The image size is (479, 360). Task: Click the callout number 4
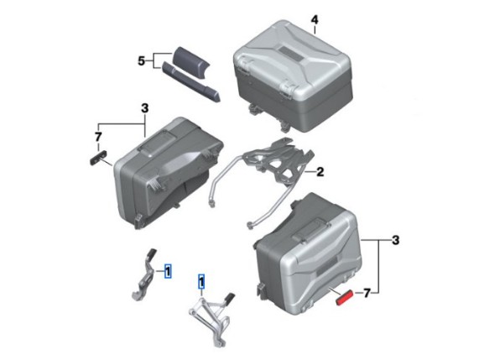coord(315,20)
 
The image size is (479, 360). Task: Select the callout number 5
coord(141,61)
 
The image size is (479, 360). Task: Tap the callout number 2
coord(320,172)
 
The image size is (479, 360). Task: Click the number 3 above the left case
coord(144,108)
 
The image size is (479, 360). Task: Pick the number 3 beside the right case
coord(395,240)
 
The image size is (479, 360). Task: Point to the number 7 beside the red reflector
coord(367,294)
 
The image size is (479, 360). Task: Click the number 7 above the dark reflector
coord(98,138)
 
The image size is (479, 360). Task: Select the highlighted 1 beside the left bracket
coord(168,271)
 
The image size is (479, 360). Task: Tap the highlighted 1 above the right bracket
coord(201,281)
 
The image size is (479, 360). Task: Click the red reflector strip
coord(345,297)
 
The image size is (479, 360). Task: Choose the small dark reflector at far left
coord(98,158)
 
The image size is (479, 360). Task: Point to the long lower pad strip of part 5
coord(190,81)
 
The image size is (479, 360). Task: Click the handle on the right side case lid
coord(312,230)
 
